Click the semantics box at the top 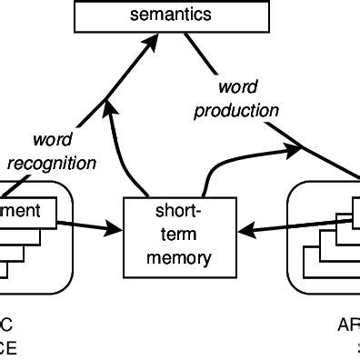[171, 15]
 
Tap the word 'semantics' [171, 15]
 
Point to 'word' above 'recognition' [53, 141]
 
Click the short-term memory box [171, 235]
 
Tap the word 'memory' [171, 257]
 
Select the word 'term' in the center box [171, 234]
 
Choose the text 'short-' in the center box [171, 211]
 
